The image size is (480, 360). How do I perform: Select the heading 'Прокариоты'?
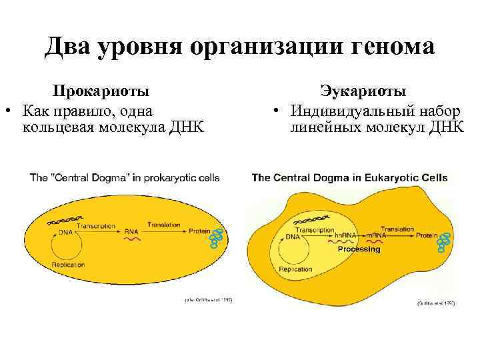[x=101, y=91]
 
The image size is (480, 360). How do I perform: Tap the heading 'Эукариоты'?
[x=363, y=91]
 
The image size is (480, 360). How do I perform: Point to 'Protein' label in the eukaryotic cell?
[x=428, y=235]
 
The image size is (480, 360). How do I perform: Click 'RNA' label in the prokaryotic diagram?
[x=131, y=230]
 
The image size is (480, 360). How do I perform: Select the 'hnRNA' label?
[x=346, y=235]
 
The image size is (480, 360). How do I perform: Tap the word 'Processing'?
[x=359, y=249]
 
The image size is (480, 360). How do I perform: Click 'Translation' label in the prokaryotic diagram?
[x=164, y=225]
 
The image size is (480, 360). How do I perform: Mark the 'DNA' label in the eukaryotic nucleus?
[x=293, y=237]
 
